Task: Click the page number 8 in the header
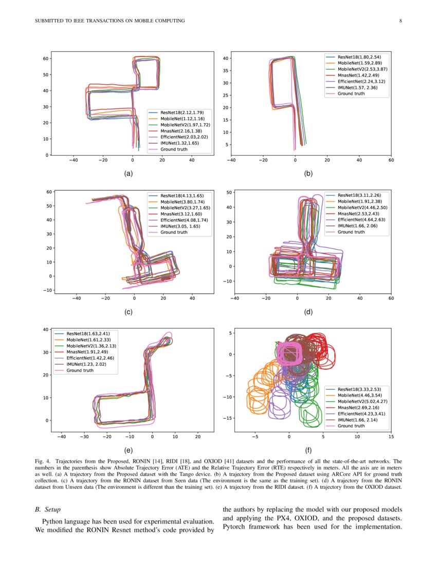pos(400,21)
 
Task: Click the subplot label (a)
pos(129,174)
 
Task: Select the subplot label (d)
pos(308,311)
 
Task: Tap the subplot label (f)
pos(308,450)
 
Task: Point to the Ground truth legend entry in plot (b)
pos(351,93)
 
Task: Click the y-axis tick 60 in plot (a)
pos(46,59)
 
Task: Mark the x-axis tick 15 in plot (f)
pos(391,438)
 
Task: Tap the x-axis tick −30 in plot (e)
pos(84,438)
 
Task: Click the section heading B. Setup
pos(48,510)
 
